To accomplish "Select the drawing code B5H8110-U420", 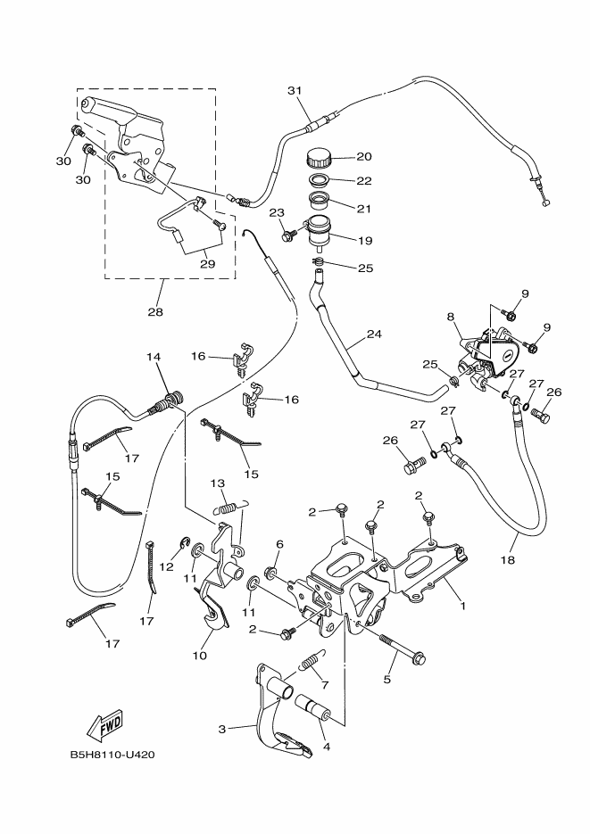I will pyautogui.click(x=112, y=754).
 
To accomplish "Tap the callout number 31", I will pyautogui.click(x=295, y=91).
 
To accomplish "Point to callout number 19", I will pyautogui.click(x=365, y=240).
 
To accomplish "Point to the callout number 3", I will pyautogui.click(x=222, y=729).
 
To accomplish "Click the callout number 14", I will pyautogui.click(x=154, y=357).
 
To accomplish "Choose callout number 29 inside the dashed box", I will pyautogui.click(x=207, y=264).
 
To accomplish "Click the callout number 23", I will pyautogui.click(x=277, y=212).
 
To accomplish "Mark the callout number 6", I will pyautogui.click(x=279, y=544).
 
